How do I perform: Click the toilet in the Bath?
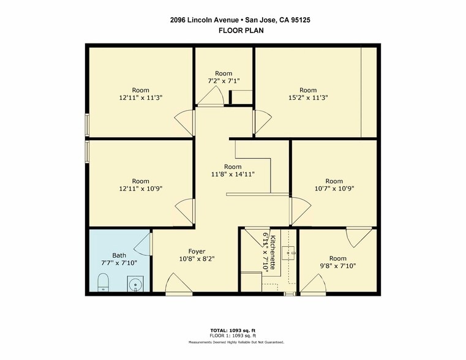click(103, 282)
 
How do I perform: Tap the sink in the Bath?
click(135, 283)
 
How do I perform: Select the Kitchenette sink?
click(288, 253)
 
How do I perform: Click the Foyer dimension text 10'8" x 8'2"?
click(197, 259)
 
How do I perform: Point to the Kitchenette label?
click(274, 252)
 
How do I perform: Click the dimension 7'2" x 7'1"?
click(224, 80)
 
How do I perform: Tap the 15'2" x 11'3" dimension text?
click(308, 97)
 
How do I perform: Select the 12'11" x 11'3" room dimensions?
click(141, 97)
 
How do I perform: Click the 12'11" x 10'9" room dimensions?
click(141, 189)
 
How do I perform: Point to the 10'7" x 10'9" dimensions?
click(334, 189)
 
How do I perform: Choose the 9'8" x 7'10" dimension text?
click(338, 266)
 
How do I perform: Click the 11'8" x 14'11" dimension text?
click(233, 174)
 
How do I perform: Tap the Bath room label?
click(119, 255)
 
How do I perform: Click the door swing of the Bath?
click(143, 244)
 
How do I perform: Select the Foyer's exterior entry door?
click(179, 284)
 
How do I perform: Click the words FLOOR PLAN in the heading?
click(241, 30)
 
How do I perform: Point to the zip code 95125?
click(301, 20)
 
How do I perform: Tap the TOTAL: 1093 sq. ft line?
click(233, 330)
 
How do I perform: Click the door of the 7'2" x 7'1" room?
click(211, 96)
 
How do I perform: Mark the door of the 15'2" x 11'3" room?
click(262, 122)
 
